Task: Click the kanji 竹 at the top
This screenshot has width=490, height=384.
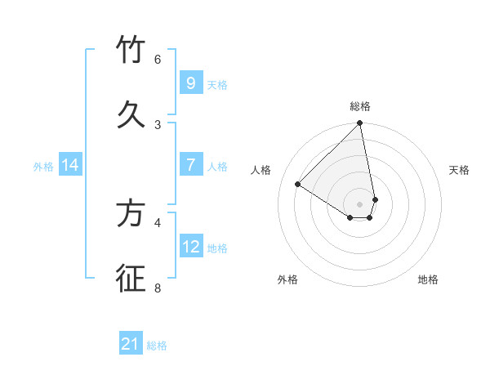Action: coord(131,51)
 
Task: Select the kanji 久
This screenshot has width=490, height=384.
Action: coord(131,115)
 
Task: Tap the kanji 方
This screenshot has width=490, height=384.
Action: coord(131,213)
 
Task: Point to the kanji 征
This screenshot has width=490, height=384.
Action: coord(131,278)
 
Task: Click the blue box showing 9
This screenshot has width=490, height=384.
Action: coord(190,83)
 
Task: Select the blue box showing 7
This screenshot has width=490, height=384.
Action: coord(190,165)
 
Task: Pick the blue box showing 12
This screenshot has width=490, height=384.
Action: coord(190,246)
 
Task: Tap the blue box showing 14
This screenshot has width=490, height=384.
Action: coord(70,165)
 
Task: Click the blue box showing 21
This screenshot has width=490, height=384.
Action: coord(131,344)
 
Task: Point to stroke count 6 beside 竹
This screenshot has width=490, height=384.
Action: coord(158,60)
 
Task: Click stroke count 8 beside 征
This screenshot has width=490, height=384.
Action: coord(158,288)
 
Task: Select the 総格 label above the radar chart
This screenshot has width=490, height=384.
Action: coord(360,106)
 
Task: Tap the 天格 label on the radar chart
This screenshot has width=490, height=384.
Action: coord(459,170)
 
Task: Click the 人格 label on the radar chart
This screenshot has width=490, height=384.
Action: coord(261,170)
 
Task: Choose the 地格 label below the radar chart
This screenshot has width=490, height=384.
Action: coord(428,279)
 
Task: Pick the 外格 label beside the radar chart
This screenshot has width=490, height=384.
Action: coord(287,279)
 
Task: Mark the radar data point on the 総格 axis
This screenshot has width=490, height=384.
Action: coord(360,123)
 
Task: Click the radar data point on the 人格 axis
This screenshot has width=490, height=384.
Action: coord(298,184)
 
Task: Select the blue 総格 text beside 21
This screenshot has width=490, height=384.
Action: coord(157,346)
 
